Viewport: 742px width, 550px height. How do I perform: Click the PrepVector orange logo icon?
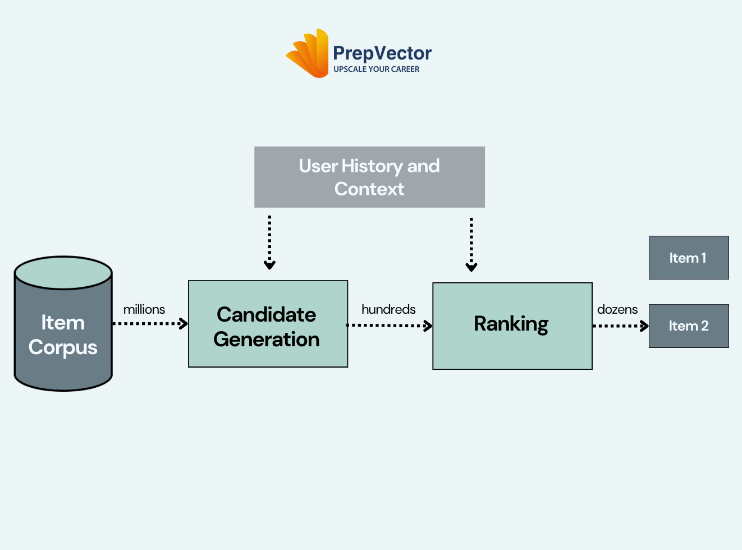click(x=308, y=53)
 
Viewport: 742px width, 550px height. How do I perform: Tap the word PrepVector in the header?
click(x=382, y=53)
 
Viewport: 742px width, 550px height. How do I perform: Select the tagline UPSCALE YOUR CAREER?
click(x=377, y=69)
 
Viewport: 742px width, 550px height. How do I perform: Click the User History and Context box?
click(x=370, y=177)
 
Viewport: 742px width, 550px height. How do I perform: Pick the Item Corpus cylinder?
click(x=63, y=323)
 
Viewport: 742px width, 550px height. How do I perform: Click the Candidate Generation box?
click(x=268, y=324)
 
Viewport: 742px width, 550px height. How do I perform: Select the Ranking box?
click(x=512, y=326)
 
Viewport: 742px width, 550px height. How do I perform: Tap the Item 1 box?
click(x=689, y=258)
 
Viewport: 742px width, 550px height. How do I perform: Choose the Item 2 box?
click(x=689, y=326)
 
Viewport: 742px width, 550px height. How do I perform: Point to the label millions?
click(x=144, y=309)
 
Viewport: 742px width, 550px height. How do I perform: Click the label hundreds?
click(x=389, y=309)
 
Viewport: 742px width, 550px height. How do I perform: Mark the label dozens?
click(x=617, y=309)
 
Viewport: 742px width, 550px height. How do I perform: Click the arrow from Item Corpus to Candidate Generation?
click(x=150, y=323)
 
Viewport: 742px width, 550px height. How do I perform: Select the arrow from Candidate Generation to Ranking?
click(x=390, y=326)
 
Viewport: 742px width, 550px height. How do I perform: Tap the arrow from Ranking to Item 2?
click(x=621, y=326)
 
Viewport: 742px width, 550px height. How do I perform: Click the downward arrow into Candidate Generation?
click(x=269, y=242)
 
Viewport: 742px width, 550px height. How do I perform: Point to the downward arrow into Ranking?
click(x=471, y=245)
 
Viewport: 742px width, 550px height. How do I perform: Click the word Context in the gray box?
click(x=369, y=189)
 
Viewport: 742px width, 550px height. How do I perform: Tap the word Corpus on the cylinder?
click(x=63, y=348)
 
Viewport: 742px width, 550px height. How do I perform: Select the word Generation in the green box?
click(x=267, y=339)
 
